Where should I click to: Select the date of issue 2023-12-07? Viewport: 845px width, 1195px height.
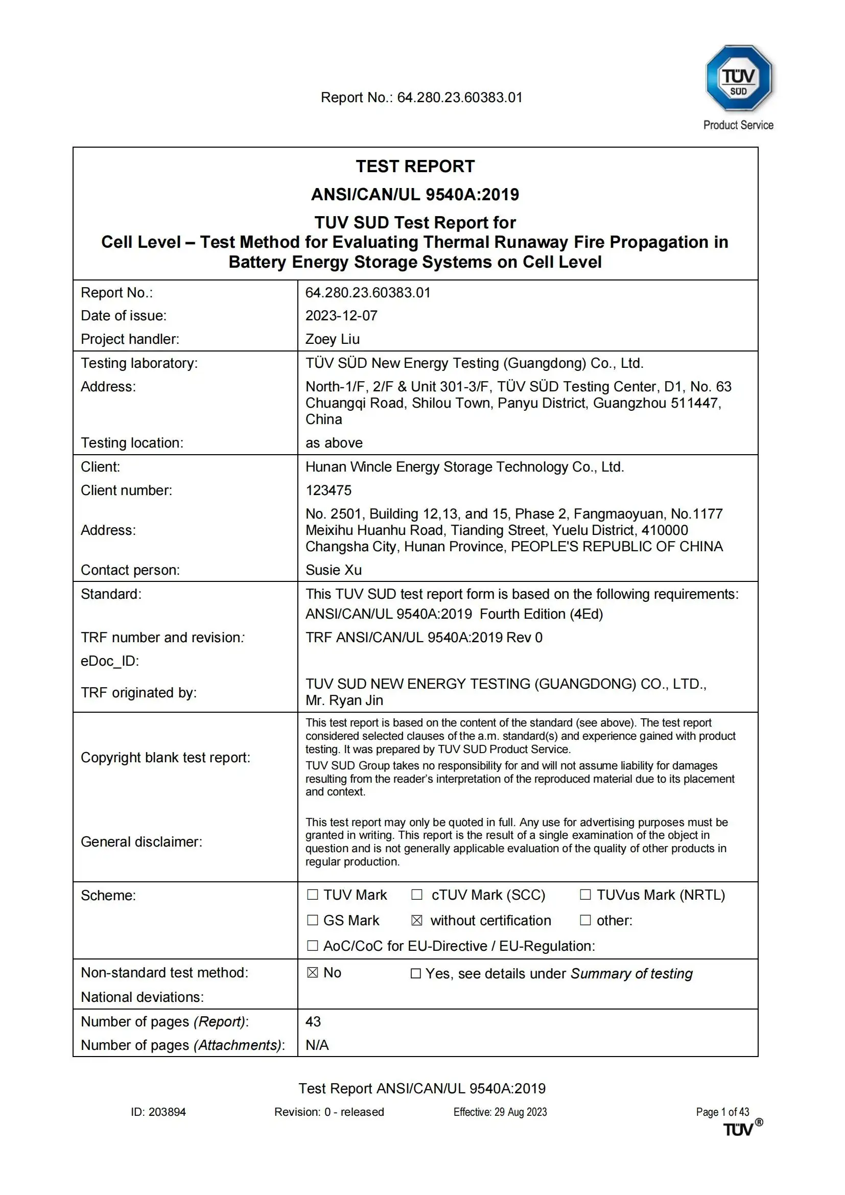[x=341, y=315]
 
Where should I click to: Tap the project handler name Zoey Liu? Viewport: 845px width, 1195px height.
[x=333, y=339]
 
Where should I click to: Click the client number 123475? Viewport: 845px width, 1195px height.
[x=328, y=490]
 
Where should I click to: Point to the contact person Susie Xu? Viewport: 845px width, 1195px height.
[x=334, y=570]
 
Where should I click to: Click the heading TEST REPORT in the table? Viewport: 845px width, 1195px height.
[x=415, y=167]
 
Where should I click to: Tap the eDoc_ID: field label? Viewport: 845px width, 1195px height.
[x=110, y=661]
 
